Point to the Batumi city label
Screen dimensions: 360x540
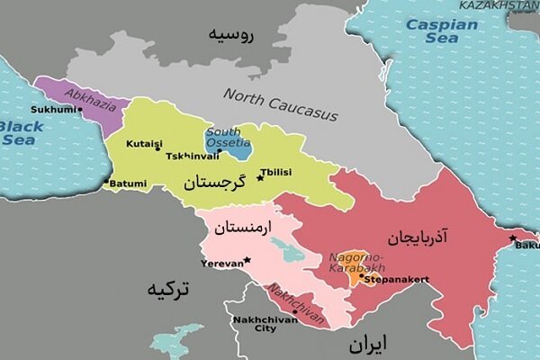129,184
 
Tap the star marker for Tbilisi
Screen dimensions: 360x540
260,177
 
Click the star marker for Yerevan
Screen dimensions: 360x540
247,260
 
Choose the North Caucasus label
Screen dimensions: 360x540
280,104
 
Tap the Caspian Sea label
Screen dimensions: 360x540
442,31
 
